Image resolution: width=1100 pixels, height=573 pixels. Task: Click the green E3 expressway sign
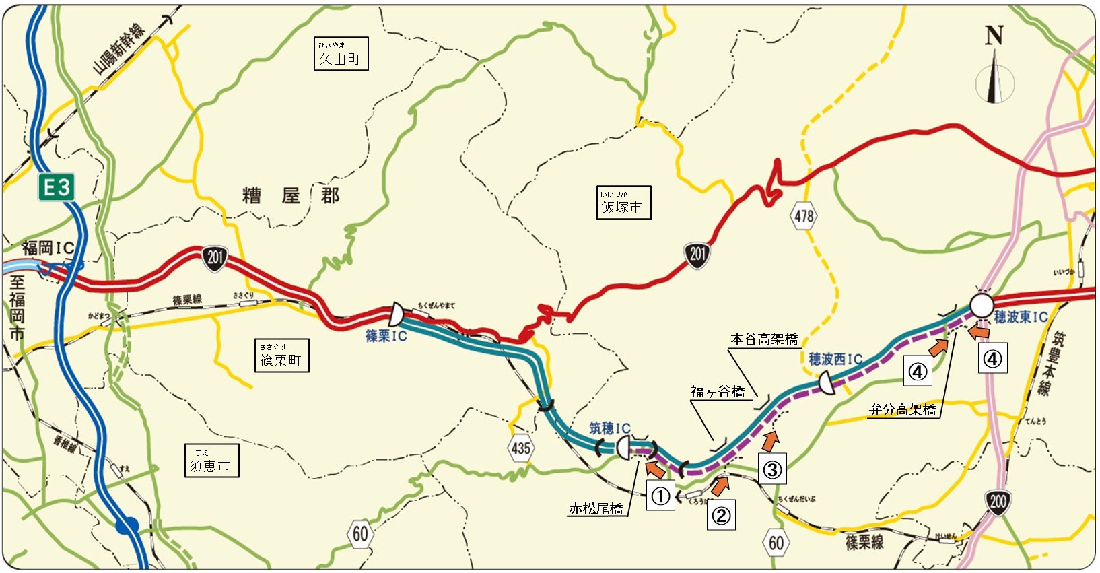(x=57, y=187)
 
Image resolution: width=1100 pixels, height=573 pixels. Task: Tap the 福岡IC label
(x=47, y=248)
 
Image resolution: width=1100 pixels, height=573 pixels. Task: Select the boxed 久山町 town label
(x=341, y=54)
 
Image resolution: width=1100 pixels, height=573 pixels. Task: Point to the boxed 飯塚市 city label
(x=623, y=203)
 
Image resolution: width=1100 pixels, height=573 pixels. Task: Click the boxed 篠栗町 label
(x=281, y=356)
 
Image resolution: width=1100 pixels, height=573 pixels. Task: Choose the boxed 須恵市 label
(x=211, y=461)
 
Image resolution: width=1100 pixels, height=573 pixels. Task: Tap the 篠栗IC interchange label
(x=386, y=335)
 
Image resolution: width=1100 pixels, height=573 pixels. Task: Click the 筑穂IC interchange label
(x=610, y=428)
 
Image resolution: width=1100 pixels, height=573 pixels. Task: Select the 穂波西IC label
(x=835, y=359)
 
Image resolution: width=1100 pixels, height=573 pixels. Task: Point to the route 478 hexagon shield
(x=804, y=216)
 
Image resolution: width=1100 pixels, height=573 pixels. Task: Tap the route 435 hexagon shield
(x=520, y=448)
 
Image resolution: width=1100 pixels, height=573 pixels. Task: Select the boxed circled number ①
(x=660, y=496)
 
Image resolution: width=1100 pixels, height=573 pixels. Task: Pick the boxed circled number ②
(x=720, y=515)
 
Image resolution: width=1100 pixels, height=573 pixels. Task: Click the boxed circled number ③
(x=772, y=469)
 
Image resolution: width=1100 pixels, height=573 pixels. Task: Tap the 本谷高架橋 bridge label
(x=764, y=339)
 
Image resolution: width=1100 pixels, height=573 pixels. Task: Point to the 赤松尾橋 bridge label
(x=596, y=509)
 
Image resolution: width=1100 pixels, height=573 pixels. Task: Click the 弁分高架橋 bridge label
(x=902, y=409)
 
